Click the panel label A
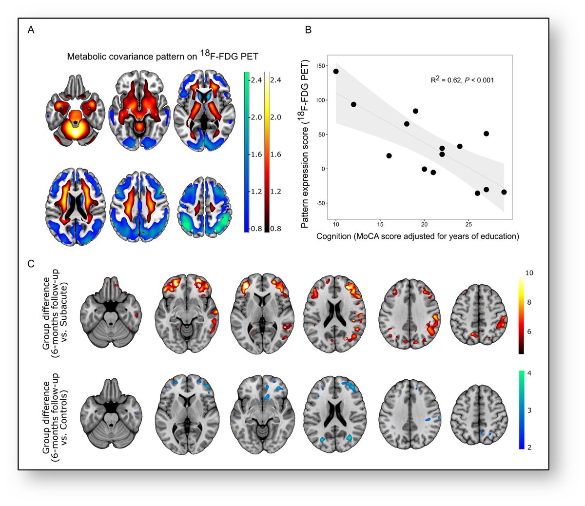31,30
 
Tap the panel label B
308,30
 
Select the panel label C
31,264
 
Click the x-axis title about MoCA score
418,237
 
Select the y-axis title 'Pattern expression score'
305,143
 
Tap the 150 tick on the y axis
320,66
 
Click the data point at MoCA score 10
336,71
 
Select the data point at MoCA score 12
353,104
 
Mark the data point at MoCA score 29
504,192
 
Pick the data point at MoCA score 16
389,156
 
